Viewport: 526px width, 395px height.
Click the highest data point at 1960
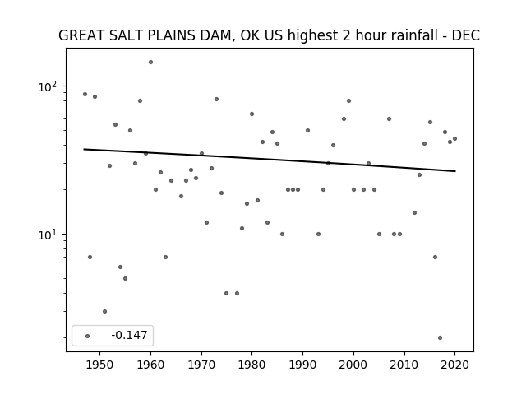(x=150, y=63)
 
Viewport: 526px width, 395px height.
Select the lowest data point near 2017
(x=441, y=338)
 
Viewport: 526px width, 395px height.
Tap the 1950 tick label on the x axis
(x=99, y=365)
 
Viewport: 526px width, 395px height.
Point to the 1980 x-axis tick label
(x=251, y=365)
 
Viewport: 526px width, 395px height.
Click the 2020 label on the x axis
(x=454, y=365)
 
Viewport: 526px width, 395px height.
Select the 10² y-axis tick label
(x=48, y=87)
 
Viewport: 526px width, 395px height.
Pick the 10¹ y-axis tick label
(x=48, y=235)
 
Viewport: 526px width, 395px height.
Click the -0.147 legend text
(x=129, y=335)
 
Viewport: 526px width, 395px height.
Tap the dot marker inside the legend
(x=88, y=336)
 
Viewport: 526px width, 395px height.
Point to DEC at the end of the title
(x=466, y=35)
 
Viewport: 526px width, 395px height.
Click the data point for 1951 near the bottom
(x=104, y=312)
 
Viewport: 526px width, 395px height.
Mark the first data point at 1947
(x=85, y=95)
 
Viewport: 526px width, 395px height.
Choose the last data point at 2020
(x=454, y=139)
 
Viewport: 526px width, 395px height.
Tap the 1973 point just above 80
(x=216, y=99)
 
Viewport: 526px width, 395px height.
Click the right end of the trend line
(x=455, y=171)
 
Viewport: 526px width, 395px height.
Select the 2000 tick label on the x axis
(x=353, y=365)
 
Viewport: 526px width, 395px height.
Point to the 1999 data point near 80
(x=348, y=100)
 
